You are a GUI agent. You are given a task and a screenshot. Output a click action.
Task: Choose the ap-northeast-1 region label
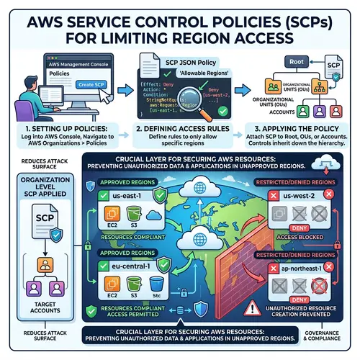pyautogui.click(x=300, y=267)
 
